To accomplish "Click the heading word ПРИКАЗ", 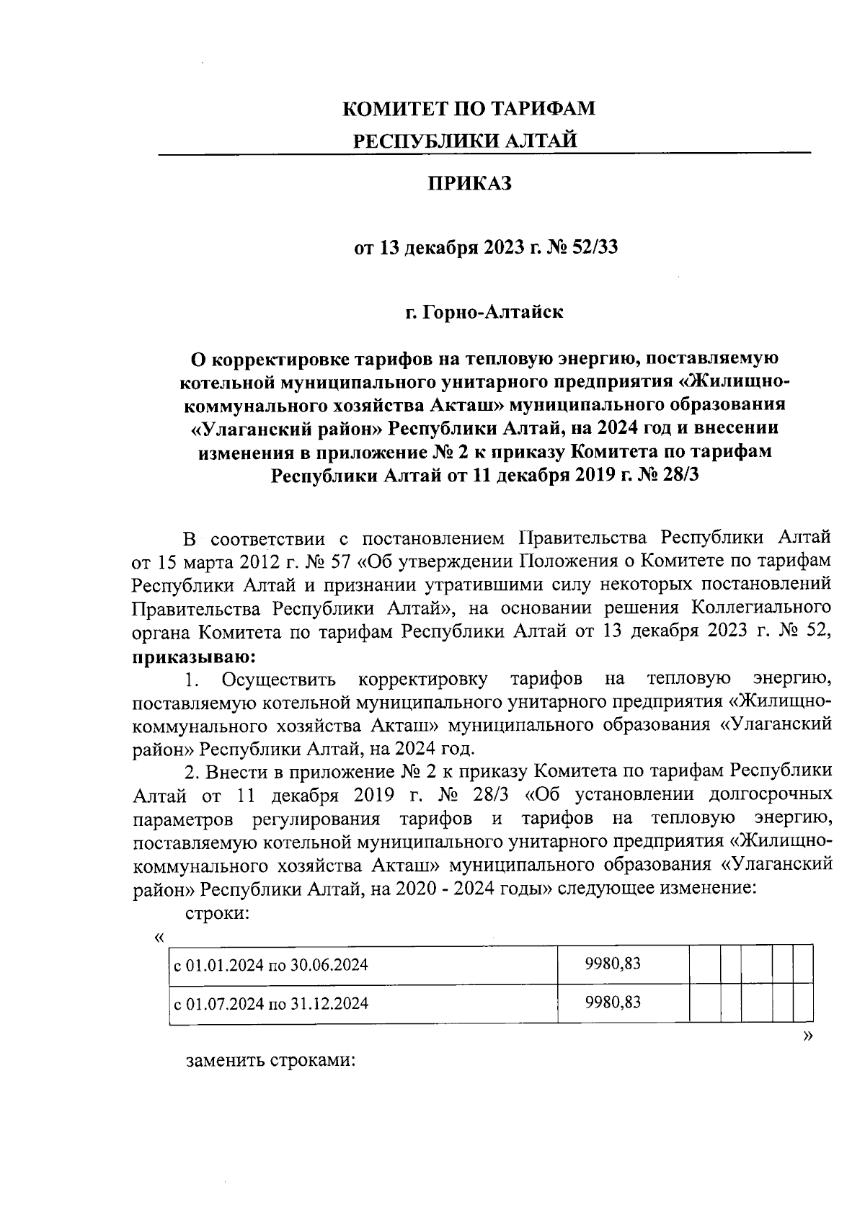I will (470, 184).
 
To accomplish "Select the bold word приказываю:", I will (193, 657).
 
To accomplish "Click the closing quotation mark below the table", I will (807, 1035).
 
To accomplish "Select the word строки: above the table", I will (218, 914).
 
